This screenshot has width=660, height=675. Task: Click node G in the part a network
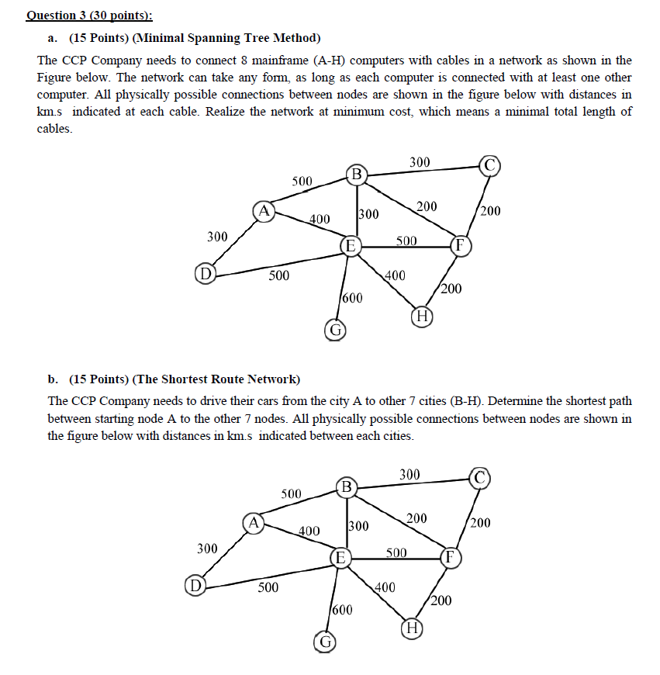point(335,330)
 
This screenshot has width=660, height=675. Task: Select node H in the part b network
point(412,627)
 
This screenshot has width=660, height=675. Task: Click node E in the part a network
point(351,246)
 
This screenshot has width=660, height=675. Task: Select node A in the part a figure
point(264,209)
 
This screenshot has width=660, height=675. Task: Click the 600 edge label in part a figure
point(351,298)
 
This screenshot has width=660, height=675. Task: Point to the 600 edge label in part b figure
point(342,610)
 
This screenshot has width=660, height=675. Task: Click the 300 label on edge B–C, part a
point(419,162)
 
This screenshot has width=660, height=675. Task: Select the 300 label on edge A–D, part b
point(207,549)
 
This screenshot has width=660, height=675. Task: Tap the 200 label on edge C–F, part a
point(491,210)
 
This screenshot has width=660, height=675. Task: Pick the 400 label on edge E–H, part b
point(385,587)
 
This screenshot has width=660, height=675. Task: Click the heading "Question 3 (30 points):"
point(89,15)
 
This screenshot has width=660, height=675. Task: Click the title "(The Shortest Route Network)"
point(216,379)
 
